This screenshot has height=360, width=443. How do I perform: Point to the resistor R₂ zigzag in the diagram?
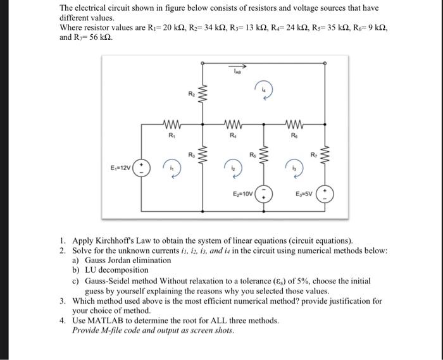click(x=202, y=97)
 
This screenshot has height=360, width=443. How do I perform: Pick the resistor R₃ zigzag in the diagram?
click(x=202, y=156)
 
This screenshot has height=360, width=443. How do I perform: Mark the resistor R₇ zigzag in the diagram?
click(x=325, y=156)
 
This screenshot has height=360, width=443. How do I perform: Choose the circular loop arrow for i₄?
click(x=263, y=89)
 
